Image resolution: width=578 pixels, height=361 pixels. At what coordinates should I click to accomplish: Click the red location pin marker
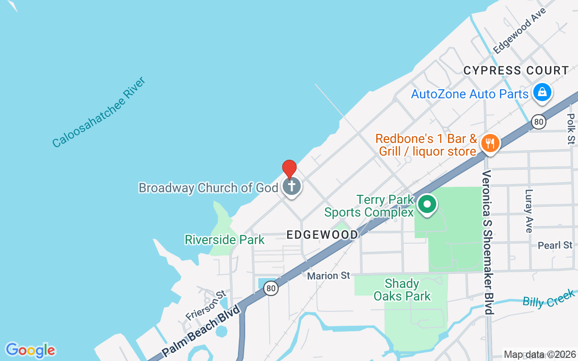[289, 169]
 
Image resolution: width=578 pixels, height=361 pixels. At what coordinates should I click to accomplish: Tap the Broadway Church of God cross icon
[292, 186]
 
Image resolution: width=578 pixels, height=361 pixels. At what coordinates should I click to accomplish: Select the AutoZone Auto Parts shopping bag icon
[542, 93]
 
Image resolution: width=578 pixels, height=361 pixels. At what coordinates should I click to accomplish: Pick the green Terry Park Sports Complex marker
[427, 204]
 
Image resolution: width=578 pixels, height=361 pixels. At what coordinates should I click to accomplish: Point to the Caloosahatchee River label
[99, 113]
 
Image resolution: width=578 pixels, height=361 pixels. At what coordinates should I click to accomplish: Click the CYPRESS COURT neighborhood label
[516, 71]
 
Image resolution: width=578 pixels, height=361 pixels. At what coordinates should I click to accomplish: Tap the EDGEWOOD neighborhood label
[322, 235]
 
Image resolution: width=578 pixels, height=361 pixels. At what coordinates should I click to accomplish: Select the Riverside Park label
[224, 240]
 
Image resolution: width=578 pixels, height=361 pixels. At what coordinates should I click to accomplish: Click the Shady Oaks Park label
[402, 290]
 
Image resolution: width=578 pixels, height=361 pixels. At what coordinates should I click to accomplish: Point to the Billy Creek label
[548, 299]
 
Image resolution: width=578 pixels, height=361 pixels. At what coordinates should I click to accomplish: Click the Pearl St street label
[555, 245]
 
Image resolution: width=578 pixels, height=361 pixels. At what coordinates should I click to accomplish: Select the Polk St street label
[571, 129]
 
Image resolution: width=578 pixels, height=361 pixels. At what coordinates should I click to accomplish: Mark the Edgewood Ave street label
[520, 30]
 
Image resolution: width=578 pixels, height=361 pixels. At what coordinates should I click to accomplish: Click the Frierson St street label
[206, 306]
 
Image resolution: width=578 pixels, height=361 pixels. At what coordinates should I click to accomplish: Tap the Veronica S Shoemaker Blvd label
[487, 242]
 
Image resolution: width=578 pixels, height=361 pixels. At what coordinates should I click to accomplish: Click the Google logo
[30, 350]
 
